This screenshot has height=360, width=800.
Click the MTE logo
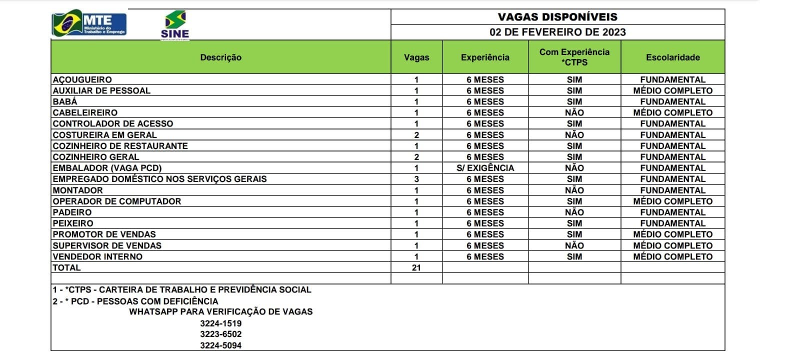89,23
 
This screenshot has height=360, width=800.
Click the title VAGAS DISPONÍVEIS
557,16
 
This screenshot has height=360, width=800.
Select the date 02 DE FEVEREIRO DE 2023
557,32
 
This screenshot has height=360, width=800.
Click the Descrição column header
220,57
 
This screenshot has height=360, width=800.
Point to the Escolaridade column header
672,57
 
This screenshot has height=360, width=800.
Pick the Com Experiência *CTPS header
574,57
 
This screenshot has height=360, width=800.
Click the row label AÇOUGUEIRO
82,79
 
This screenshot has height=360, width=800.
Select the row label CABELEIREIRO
85,112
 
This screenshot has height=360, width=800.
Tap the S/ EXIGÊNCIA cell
485,168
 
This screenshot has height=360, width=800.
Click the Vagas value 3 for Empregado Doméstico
416,179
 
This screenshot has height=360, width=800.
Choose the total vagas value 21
416,267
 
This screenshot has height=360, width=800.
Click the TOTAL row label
66,267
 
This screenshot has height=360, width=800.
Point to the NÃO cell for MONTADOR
574,190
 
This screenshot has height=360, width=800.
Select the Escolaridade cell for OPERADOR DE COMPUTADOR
672,201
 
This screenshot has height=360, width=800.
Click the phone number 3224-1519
220,323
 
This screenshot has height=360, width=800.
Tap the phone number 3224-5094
220,345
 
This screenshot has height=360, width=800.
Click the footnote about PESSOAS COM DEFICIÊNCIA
135,301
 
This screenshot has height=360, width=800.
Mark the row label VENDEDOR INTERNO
97,256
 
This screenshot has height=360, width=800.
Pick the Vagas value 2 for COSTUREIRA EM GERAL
416,135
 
